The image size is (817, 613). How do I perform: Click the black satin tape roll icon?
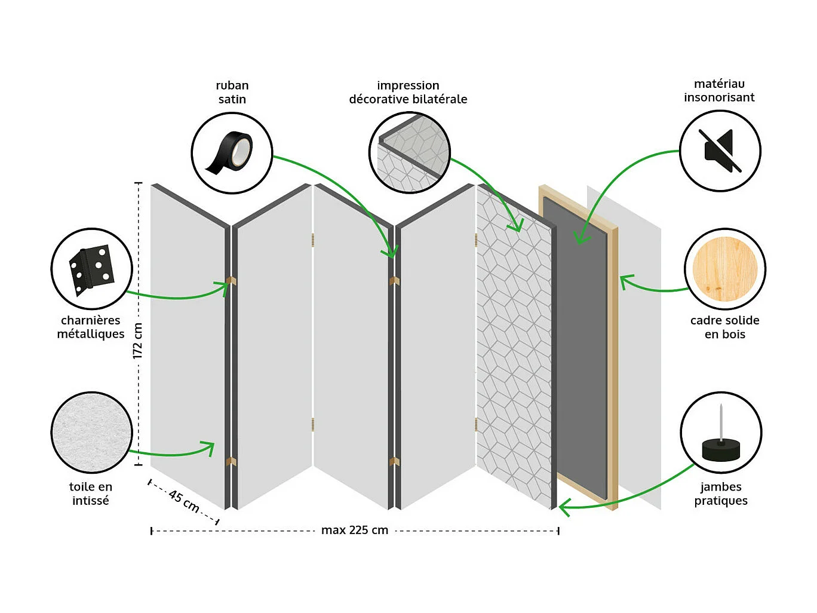[x=232, y=153]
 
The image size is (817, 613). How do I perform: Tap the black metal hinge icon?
[x=91, y=269]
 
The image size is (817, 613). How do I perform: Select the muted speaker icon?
[x=720, y=151]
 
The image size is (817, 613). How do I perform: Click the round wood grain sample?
[x=724, y=269]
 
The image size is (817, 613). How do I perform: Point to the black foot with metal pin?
[x=721, y=433]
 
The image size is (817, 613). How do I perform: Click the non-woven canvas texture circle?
[x=91, y=433]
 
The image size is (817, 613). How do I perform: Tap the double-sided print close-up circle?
[x=409, y=153]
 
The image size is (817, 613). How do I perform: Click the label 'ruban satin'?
[x=232, y=93]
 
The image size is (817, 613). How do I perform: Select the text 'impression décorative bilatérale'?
[x=408, y=93]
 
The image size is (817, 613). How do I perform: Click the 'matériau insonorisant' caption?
[x=719, y=91]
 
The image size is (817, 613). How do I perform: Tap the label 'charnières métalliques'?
[x=91, y=327]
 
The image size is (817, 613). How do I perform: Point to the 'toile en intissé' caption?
[x=91, y=494]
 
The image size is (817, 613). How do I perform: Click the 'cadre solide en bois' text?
[x=724, y=327]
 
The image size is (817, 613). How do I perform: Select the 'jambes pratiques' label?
[x=721, y=494]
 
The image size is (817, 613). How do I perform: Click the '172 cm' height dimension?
[x=138, y=341]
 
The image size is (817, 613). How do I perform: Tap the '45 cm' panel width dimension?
[x=184, y=501]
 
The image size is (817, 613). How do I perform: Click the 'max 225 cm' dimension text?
[x=355, y=530]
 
